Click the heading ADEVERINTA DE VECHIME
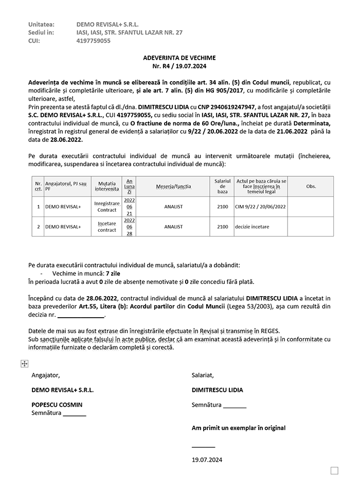(x=179, y=58)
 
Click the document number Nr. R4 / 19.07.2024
(x=179, y=66)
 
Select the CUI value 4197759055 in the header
(x=93, y=41)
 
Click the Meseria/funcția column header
(x=173, y=186)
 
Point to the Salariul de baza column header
(x=222, y=186)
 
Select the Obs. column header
(x=311, y=186)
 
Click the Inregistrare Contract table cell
(x=107, y=206)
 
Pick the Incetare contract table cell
(x=107, y=226)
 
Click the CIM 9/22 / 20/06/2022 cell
(x=260, y=207)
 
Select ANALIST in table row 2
(x=173, y=226)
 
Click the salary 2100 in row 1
(x=222, y=207)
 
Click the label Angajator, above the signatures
(x=45, y=375)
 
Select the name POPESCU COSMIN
(x=57, y=405)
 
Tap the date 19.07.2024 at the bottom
(x=207, y=459)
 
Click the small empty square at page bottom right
(x=334, y=470)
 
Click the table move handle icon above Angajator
(x=24, y=363)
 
